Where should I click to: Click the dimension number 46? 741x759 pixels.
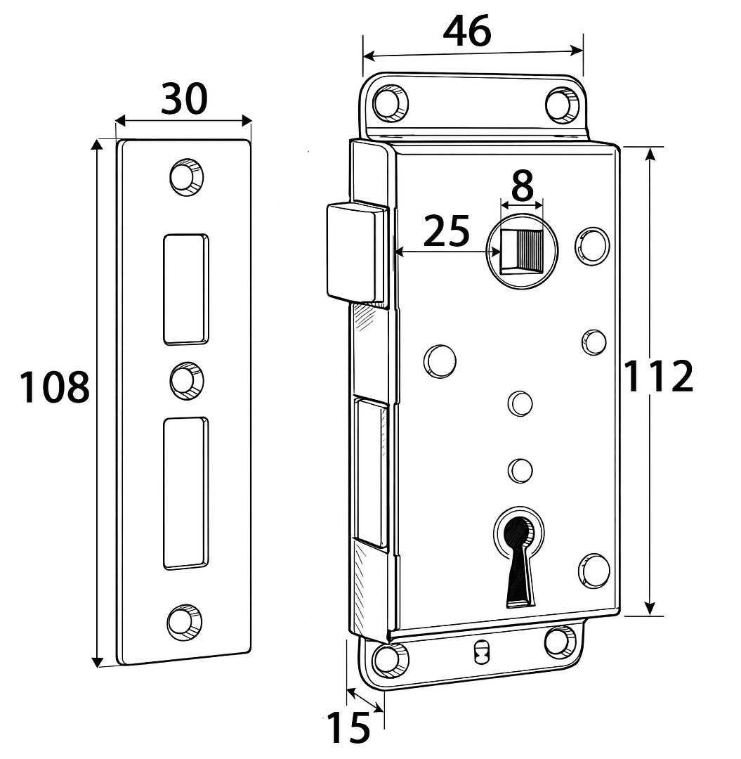pos(467,32)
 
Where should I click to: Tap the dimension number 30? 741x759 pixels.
pos(184,98)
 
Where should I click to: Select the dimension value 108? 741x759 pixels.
pos(54,387)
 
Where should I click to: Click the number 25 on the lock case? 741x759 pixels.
pos(447,231)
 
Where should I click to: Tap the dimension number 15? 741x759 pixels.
pos(349,728)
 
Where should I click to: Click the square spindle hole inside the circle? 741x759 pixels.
pos(521,252)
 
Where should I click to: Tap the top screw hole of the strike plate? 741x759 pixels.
pos(185,176)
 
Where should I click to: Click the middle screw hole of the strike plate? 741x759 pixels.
pos(186,379)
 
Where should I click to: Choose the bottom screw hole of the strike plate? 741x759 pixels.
pos(184,622)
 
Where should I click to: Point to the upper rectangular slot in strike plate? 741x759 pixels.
pos(186,289)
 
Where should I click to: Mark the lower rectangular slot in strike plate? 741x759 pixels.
pos(186,493)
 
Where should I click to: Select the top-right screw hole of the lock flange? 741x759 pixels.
pos(561,104)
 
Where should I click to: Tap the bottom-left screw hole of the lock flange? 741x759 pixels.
pos(389,659)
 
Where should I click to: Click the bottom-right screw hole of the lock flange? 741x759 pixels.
pos(560,641)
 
